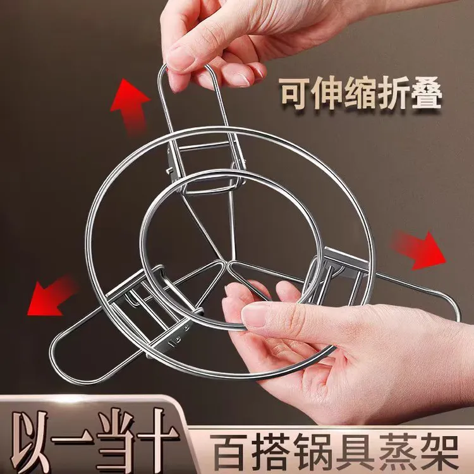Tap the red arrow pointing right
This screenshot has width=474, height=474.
tap(422, 248)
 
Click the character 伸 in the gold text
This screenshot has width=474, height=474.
tap(327, 95)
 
